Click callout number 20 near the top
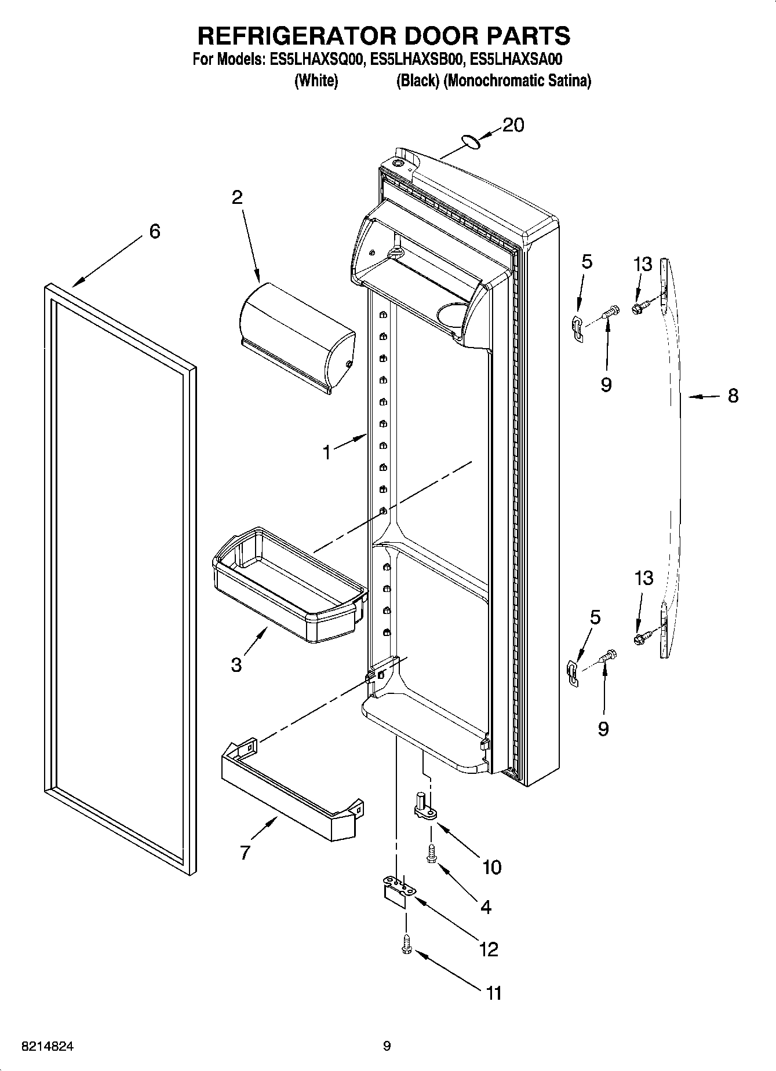tap(513, 125)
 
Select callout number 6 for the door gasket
tap(154, 232)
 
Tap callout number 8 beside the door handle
tap(733, 396)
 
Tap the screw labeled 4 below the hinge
tap(431, 854)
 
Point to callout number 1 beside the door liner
tap(327, 452)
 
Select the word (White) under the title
tap(316, 81)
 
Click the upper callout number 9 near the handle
tap(606, 384)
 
